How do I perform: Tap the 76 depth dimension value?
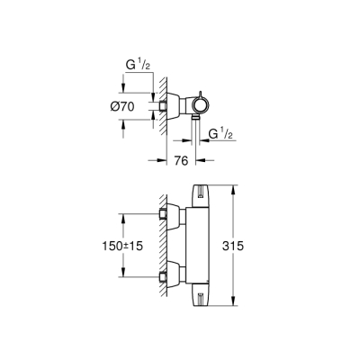point(179,162)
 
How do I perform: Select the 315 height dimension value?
point(255,244)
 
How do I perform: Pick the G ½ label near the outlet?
point(224,136)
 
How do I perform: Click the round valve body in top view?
point(199,106)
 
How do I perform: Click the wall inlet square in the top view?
point(165,106)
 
